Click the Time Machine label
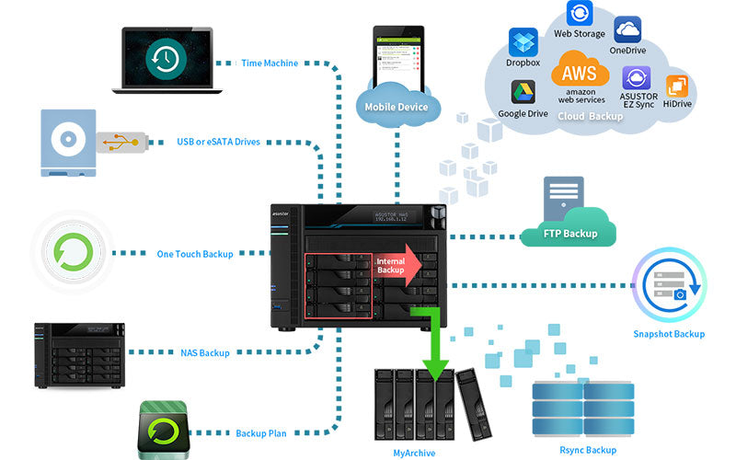(x=269, y=63)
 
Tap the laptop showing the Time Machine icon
(x=167, y=60)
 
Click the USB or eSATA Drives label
(x=218, y=143)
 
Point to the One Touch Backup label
(x=194, y=253)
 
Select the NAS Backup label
(x=205, y=352)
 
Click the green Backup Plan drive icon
(x=166, y=428)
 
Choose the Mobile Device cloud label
(x=397, y=107)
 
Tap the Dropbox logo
(x=523, y=42)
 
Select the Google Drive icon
(x=523, y=93)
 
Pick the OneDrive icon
(x=627, y=29)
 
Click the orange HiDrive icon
(x=677, y=86)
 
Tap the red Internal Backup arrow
(x=399, y=265)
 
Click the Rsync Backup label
(x=588, y=450)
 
